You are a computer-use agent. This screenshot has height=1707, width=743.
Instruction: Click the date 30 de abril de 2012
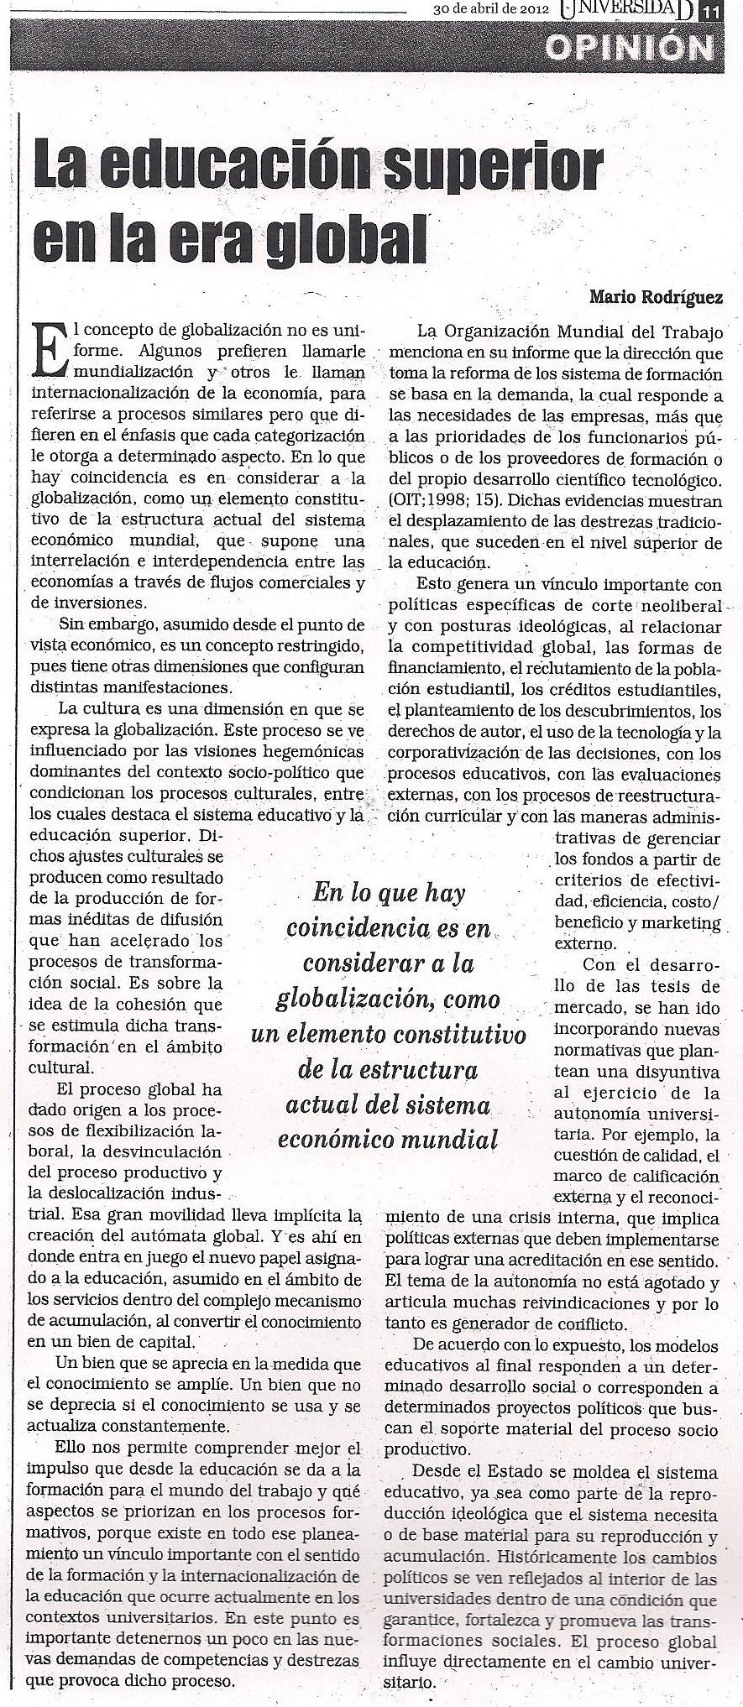click(491, 10)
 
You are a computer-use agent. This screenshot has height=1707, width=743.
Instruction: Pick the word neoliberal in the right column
click(681, 605)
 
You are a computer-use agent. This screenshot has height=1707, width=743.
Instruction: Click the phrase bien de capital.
click(139, 1341)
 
